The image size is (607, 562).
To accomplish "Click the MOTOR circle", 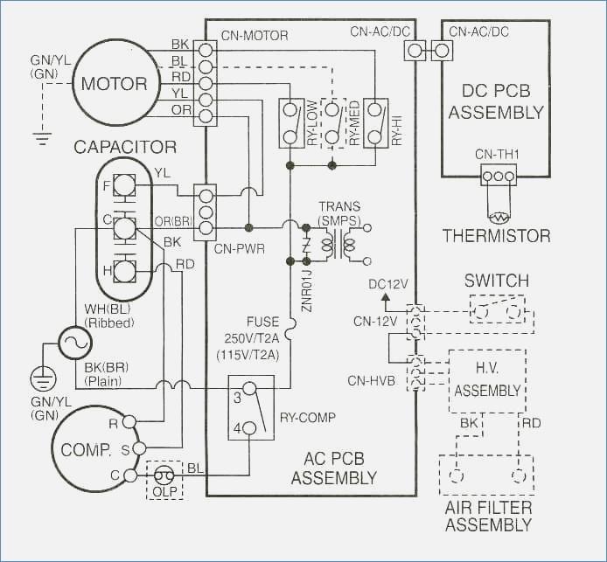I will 115,84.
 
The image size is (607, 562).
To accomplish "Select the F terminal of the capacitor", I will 125,185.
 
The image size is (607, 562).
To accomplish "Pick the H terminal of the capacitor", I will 125,270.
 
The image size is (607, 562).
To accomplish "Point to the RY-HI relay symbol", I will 375,122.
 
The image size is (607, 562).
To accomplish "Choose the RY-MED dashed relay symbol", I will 332,122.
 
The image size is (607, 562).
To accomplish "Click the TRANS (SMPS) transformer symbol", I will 338,243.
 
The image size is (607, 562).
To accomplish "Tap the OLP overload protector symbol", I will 164,475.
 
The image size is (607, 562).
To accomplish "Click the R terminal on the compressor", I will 129,422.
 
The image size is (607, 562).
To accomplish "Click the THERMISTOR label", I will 496,236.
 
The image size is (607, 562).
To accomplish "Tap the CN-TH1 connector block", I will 499,175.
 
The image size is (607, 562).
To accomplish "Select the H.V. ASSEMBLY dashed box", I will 486,381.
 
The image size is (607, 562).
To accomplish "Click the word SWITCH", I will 496,281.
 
